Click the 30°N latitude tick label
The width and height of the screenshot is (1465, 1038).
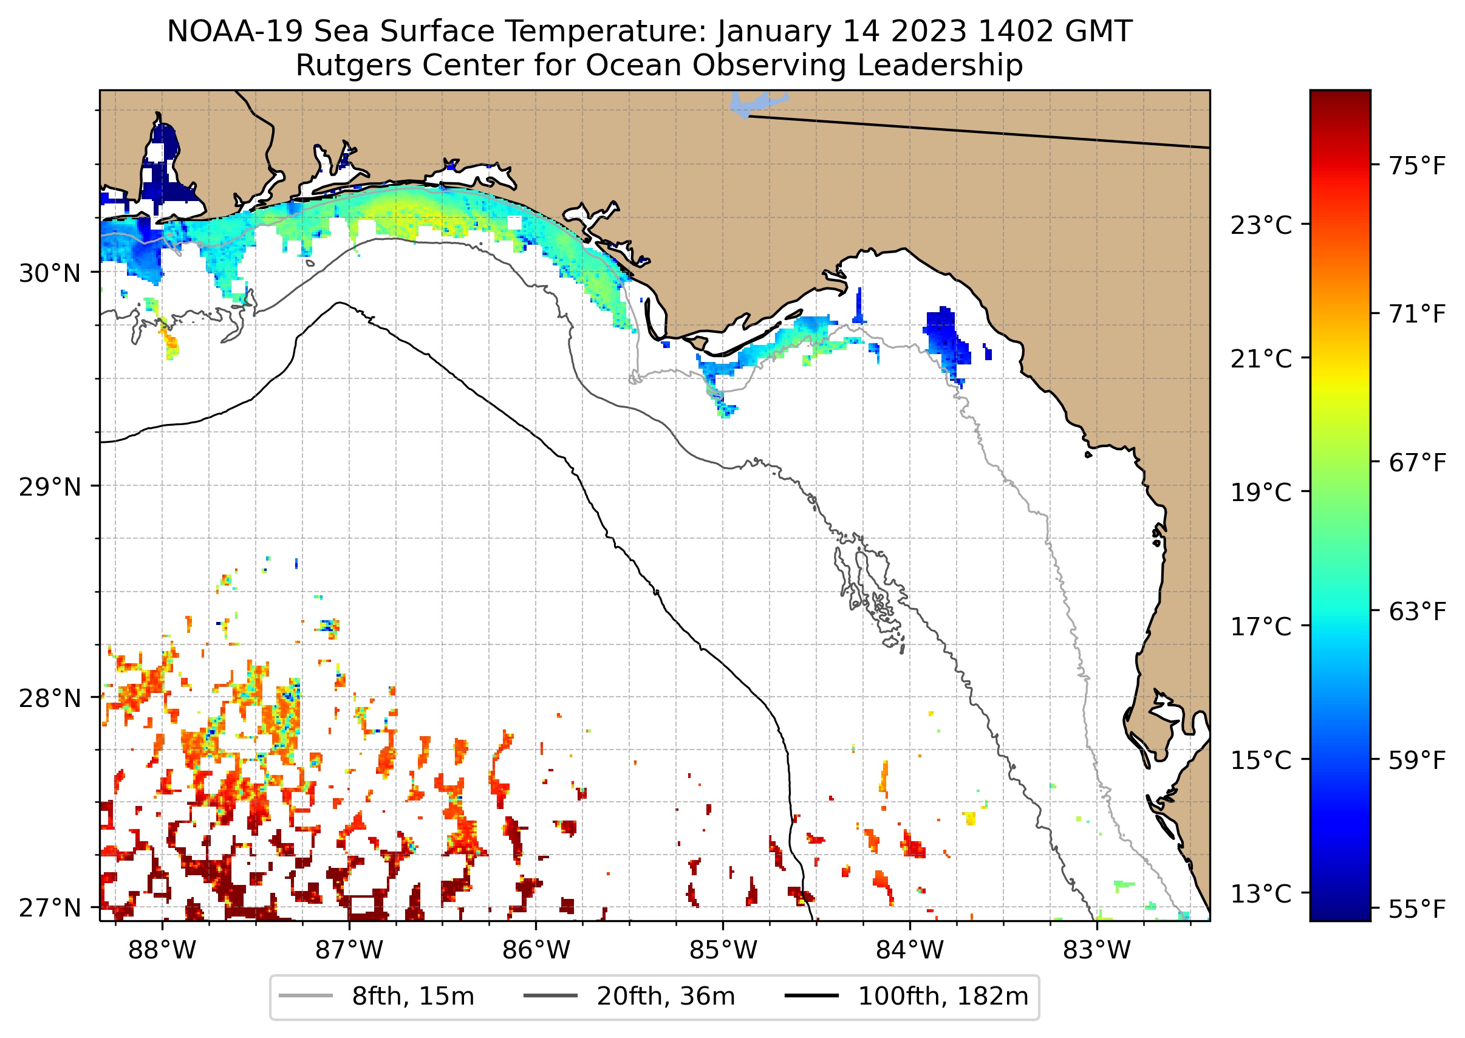point(50,273)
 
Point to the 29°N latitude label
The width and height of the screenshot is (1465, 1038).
point(50,488)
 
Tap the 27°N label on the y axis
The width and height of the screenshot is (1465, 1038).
point(50,907)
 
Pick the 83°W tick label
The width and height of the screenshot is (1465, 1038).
point(1097,951)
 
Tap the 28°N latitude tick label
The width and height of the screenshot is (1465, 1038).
point(50,698)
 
